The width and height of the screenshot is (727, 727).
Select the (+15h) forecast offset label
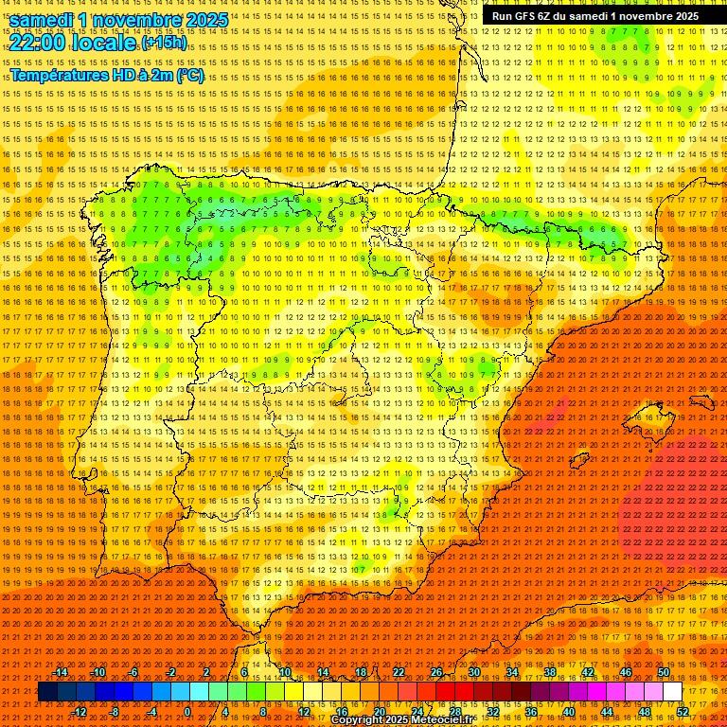click(x=164, y=44)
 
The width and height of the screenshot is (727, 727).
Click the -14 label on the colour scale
click(x=62, y=672)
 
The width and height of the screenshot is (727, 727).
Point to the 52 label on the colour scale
click(x=682, y=712)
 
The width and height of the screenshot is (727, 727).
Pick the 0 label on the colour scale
click(x=188, y=712)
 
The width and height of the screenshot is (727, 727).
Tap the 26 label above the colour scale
click(x=435, y=672)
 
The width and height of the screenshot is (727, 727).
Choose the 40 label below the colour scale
click(x=569, y=712)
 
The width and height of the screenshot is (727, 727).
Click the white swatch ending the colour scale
click(x=672, y=692)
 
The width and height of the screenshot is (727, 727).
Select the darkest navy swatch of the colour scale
click(x=47, y=692)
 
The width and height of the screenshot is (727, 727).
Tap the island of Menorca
click(x=702, y=401)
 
